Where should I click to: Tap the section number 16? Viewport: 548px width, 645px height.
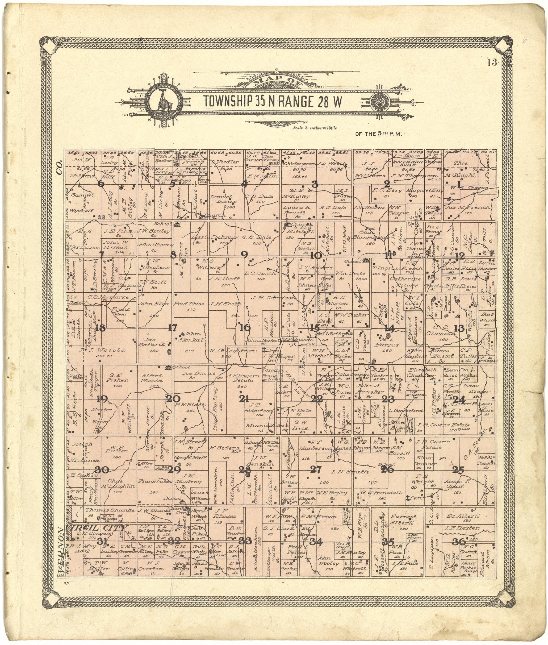245,327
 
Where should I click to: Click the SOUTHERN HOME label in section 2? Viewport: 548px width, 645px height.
404,163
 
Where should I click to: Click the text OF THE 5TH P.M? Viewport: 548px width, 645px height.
379,134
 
